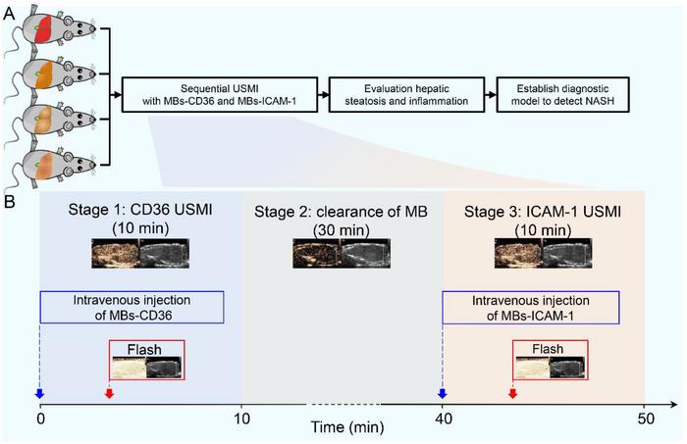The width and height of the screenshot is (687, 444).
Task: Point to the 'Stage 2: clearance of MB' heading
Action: [x=341, y=212]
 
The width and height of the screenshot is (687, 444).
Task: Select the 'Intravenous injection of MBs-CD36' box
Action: [x=132, y=307]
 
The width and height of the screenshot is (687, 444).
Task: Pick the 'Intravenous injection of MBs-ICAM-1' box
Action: [x=530, y=307]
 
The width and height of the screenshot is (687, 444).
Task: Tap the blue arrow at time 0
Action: [x=39, y=394]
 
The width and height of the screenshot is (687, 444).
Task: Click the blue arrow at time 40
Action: [x=442, y=394]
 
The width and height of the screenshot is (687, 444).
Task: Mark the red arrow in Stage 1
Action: [x=109, y=394]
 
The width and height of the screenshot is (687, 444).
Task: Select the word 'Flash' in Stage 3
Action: [x=548, y=348]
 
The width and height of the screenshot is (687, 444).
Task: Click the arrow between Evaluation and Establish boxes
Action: [x=488, y=95]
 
